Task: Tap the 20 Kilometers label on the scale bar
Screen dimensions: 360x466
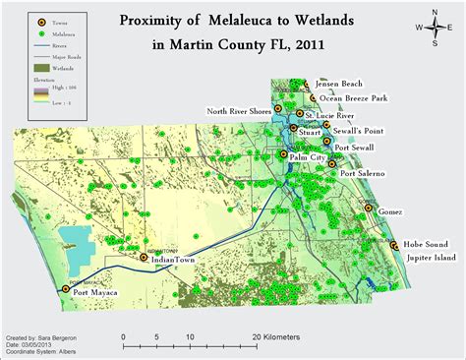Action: click(x=271, y=336)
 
